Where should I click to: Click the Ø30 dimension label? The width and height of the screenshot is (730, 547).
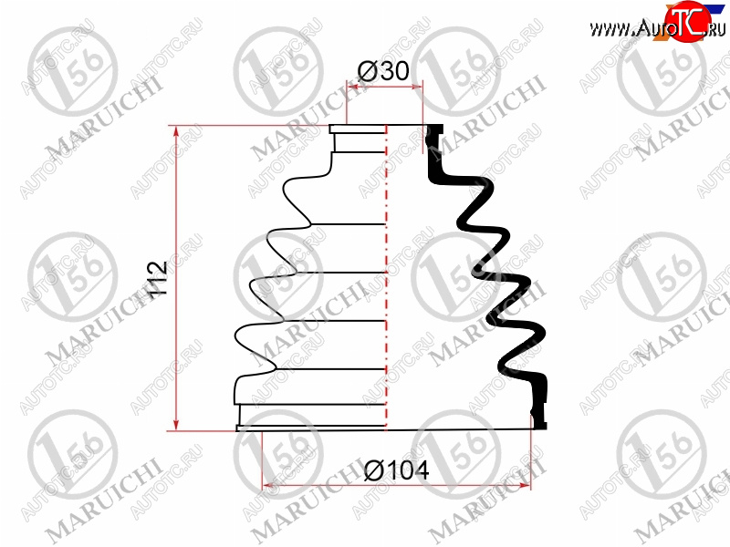click(x=383, y=71)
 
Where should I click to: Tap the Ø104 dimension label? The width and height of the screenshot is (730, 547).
click(x=396, y=470)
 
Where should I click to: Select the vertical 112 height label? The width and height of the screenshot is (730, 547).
click(x=157, y=279)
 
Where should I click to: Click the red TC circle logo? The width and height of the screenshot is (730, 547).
click(x=687, y=21)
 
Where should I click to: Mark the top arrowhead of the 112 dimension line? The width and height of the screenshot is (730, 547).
click(x=176, y=131)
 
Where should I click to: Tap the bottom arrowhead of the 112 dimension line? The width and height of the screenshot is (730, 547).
click(x=176, y=425)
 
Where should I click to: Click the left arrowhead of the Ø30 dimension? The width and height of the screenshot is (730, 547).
click(x=353, y=87)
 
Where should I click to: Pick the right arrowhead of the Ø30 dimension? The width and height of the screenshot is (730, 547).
click(x=417, y=87)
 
